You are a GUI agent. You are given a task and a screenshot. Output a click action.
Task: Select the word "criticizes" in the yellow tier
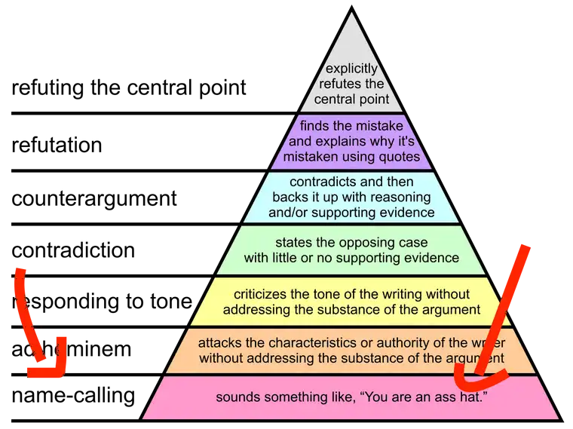261,294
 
